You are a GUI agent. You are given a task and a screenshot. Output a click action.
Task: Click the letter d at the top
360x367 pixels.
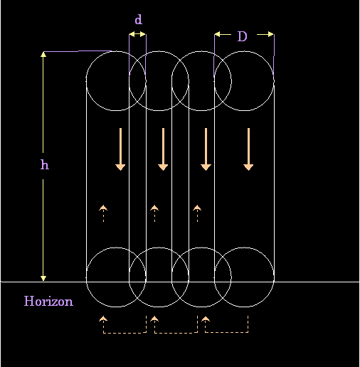[x=139, y=19]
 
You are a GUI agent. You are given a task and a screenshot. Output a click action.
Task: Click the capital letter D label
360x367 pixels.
[x=243, y=36]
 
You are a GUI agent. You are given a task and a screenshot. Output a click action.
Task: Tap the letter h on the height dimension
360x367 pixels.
[x=45, y=164]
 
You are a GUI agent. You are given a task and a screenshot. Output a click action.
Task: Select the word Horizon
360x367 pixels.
[x=48, y=301]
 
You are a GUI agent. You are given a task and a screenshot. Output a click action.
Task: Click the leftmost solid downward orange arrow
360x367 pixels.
[x=120, y=149]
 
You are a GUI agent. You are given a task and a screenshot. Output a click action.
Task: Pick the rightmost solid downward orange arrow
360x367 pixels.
[x=248, y=149]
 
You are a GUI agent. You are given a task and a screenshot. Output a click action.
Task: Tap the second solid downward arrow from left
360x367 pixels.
[x=163, y=149]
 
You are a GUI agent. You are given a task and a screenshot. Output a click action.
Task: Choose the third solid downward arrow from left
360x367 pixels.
[x=206, y=149]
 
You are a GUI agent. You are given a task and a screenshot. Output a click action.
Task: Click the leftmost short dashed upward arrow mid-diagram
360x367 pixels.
[x=103, y=213]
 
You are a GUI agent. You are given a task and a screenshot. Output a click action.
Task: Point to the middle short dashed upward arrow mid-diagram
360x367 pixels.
[x=154, y=213]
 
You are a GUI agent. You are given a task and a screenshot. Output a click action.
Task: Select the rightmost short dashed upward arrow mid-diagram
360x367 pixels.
[x=197, y=213]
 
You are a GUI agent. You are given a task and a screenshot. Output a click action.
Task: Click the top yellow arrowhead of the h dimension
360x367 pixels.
[x=43, y=55]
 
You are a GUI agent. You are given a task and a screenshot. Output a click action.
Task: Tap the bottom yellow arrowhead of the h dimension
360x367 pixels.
[x=43, y=278]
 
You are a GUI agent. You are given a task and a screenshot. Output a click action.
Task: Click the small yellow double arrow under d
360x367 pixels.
[x=137, y=34]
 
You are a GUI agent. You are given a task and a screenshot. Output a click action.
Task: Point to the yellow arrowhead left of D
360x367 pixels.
[x=218, y=34]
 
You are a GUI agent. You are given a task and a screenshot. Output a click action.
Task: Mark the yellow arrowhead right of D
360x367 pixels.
[x=271, y=34]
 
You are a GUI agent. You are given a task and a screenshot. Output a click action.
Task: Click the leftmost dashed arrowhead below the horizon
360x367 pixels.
[x=103, y=319]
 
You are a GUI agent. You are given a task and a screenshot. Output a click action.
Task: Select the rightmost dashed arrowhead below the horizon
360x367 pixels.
[x=206, y=319]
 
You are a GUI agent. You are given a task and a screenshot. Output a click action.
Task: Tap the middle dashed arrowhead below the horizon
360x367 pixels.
[x=154, y=319]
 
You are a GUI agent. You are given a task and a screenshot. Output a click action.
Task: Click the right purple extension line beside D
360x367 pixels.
[x=274, y=55]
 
